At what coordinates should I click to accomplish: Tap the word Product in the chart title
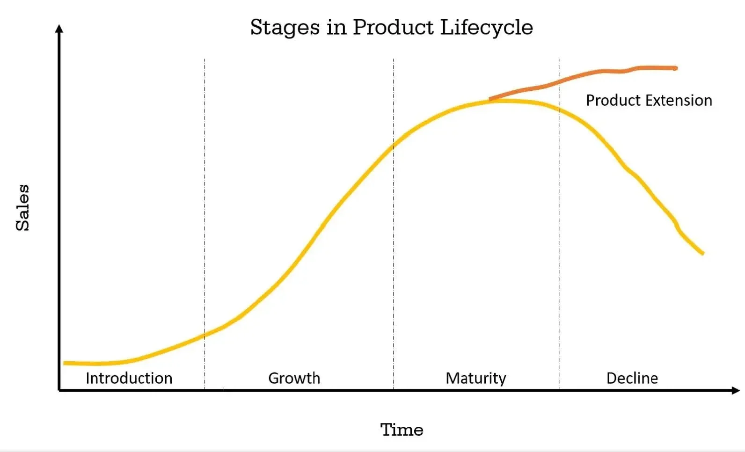(x=393, y=27)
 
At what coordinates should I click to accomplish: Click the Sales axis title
(x=22, y=208)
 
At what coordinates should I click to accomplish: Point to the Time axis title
(x=402, y=430)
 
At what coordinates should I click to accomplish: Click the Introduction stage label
(x=129, y=378)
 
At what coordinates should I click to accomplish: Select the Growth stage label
(x=294, y=378)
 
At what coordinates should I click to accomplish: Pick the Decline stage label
(x=632, y=378)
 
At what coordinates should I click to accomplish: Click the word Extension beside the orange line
(x=679, y=101)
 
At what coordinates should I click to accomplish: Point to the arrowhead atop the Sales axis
(x=59, y=29)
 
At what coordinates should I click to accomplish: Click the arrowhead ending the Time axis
(x=736, y=390)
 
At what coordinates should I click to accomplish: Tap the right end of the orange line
(x=676, y=68)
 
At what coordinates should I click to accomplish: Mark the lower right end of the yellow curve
(x=702, y=253)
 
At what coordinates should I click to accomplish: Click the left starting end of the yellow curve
(x=65, y=363)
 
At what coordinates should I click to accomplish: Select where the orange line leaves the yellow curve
(x=490, y=99)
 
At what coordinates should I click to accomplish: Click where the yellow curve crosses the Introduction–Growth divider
(x=205, y=335)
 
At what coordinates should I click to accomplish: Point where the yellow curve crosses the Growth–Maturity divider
(x=394, y=146)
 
